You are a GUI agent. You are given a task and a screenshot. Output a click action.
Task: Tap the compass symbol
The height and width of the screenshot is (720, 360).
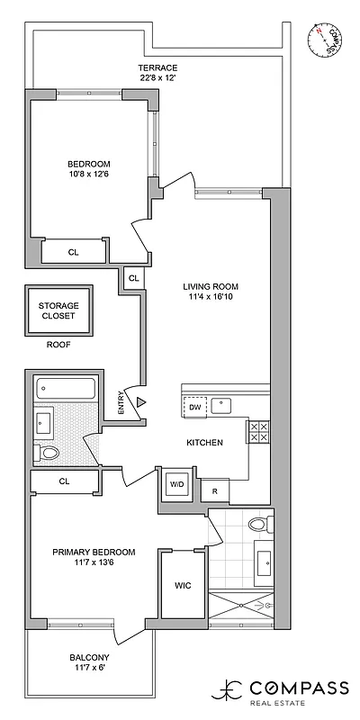point(328,40)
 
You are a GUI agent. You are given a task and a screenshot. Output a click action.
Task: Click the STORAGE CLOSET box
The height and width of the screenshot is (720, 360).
point(58,311)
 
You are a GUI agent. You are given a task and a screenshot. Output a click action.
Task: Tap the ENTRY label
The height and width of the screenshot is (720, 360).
point(121,400)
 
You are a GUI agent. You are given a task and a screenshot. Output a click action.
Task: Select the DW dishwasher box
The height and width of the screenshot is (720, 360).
point(195,408)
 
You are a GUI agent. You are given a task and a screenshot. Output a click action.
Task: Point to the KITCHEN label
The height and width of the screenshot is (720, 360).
point(204,443)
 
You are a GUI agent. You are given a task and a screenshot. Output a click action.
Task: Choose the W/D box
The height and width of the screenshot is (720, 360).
point(176,484)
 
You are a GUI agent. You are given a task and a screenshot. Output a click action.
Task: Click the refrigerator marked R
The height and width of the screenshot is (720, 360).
point(215,490)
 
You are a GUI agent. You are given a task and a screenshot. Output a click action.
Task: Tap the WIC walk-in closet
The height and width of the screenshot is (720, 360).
point(183,585)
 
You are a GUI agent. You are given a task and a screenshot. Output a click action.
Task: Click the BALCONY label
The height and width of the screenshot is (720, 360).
point(93,661)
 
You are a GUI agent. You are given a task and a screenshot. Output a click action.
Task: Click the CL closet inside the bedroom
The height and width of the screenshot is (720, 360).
point(73,253)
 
